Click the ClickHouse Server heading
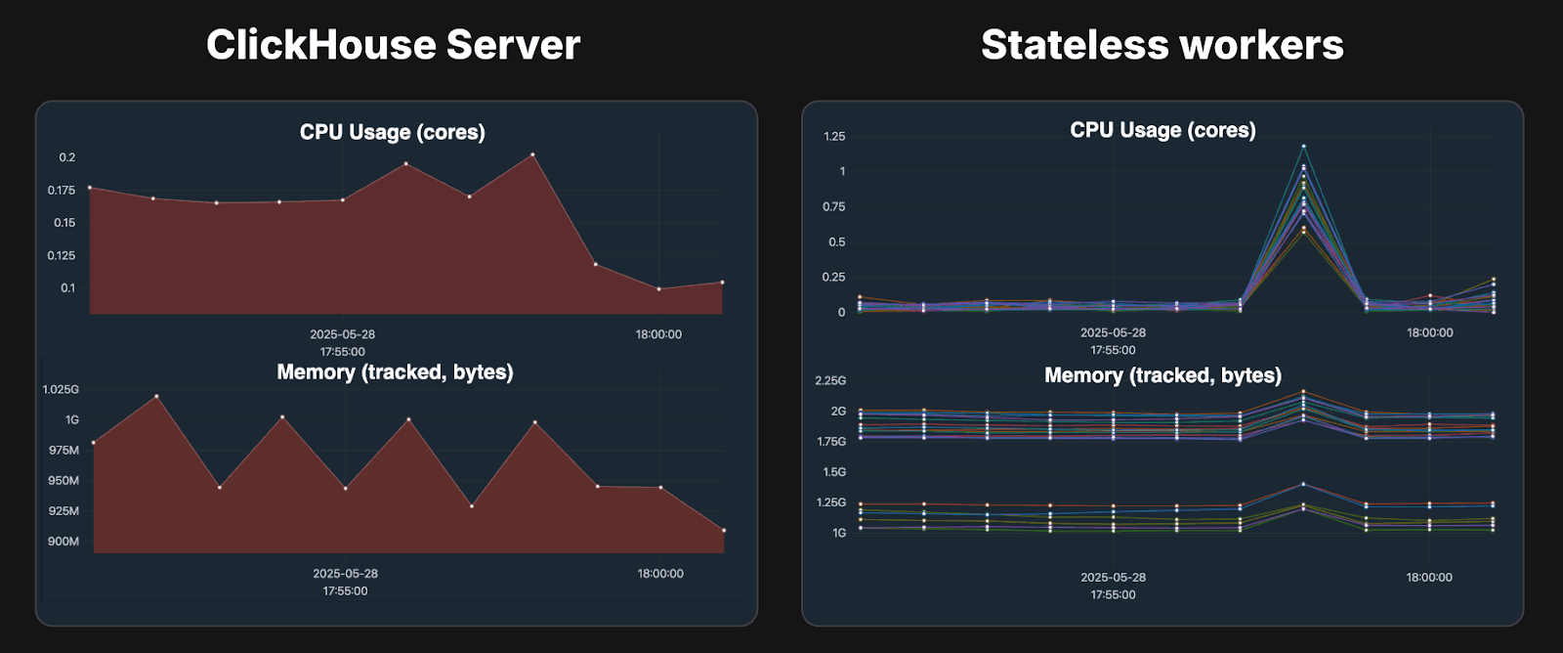(393, 45)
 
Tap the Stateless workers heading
(1162, 45)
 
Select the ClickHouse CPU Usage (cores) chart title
(392, 132)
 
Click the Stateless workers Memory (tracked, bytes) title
(1162, 375)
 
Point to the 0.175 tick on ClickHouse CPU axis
(62, 190)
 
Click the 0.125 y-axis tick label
(62, 255)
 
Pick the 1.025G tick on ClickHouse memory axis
(61, 389)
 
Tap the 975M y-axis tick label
(63, 451)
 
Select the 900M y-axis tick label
(63, 542)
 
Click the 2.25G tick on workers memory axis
(830, 380)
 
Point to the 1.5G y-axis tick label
(834, 472)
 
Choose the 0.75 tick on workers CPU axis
(833, 206)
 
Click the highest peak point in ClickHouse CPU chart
(532, 154)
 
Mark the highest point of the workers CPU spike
(1303, 146)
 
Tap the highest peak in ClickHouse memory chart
(156, 396)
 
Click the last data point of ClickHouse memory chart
(724, 531)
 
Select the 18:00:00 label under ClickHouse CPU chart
(658, 334)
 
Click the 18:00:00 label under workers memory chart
(1429, 578)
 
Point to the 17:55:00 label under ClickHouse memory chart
(345, 590)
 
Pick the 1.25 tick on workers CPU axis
(834, 136)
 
